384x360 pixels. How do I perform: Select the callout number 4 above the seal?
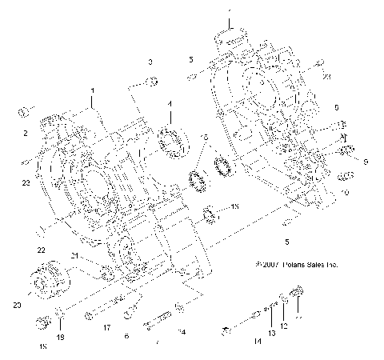(169, 104)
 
